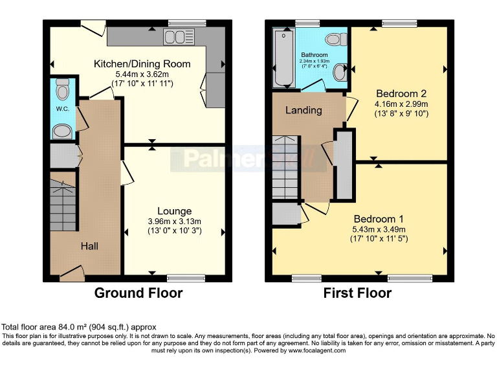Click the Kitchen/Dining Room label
click(x=142, y=63)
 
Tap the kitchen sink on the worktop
click(x=175, y=36)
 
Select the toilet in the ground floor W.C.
click(x=62, y=87)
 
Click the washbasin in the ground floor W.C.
click(x=62, y=132)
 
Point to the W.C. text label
click(x=62, y=108)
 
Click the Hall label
click(x=90, y=246)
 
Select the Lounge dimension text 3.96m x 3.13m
click(x=174, y=221)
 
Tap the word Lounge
click(x=174, y=211)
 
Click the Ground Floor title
click(x=138, y=293)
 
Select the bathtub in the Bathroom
click(x=283, y=58)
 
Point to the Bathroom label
click(x=314, y=55)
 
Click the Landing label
click(x=304, y=110)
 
